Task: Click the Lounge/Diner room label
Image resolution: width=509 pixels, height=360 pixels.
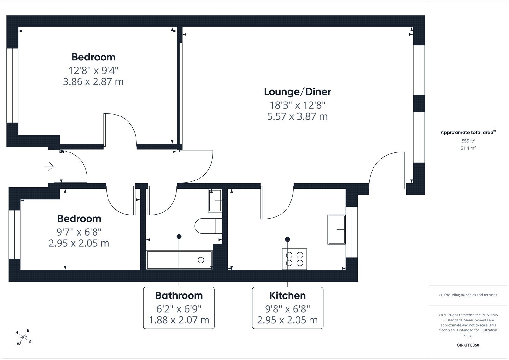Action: (297, 92)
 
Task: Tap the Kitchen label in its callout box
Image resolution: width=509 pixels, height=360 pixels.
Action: (288, 295)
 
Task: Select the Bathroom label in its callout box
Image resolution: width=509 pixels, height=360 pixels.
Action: (179, 295)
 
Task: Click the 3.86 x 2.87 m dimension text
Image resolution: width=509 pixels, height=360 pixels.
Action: (93, 81)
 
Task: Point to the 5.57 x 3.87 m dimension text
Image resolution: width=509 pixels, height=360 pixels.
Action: (297, 116)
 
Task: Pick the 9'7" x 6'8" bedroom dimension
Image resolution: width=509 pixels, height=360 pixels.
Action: (79, 232)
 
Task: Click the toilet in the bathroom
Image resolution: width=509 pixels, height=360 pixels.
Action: (208, 226)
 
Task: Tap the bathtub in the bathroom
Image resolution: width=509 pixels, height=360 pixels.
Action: (179, 260)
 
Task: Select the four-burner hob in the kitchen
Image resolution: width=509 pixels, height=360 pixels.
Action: (295, 259)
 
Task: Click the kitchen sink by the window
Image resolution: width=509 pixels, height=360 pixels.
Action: (337, 229)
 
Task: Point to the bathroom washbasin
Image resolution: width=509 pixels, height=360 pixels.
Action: (215, 201)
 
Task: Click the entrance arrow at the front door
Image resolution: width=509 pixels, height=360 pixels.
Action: (49, 166)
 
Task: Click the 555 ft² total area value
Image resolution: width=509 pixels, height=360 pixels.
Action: (468, 141)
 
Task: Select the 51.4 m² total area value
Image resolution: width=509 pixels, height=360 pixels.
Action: (468, 148)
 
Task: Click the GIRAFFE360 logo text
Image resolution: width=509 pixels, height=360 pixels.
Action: (468, 345)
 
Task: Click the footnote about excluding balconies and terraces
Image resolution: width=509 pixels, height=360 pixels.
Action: (468, 295)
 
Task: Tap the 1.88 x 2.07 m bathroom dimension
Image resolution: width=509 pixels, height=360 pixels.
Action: (179, 320)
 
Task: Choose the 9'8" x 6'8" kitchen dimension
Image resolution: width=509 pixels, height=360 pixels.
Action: (288, 309)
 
